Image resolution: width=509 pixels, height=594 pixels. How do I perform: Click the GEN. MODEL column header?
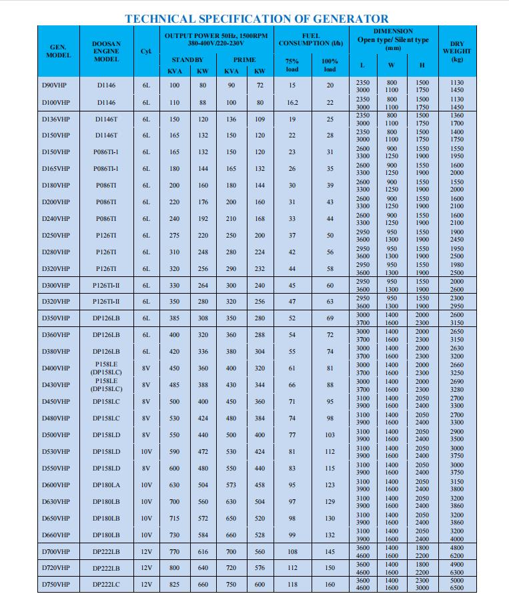coord(58,51)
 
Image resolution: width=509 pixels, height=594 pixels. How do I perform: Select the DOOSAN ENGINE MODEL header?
coord(106,51)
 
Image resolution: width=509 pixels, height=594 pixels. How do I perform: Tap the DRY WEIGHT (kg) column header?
coord(457,51)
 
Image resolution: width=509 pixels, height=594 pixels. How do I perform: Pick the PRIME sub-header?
coord(244,59)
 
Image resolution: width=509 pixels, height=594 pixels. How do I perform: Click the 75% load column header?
coord(292,65)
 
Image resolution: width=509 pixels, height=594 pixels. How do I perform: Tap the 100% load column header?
coord(330,65)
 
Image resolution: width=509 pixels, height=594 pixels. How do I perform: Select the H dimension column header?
coord(422,65)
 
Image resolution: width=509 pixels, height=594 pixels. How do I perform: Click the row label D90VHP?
coord(55,85)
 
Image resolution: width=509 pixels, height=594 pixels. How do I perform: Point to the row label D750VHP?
coord(55,585)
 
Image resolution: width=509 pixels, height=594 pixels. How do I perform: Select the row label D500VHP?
coord(55,435)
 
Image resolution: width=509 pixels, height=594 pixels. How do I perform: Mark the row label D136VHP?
coord(55,119)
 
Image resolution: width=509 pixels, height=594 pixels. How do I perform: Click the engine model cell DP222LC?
coord(106,585)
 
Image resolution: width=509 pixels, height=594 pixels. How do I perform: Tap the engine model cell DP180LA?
coord(106,485)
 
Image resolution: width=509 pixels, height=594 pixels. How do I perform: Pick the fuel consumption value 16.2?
coord(292,103)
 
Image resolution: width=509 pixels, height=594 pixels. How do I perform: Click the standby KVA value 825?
coord(174,585)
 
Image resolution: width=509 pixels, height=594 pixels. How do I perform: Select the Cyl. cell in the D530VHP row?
coord(147,452)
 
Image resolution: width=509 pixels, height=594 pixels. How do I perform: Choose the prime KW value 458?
coord(260,485)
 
